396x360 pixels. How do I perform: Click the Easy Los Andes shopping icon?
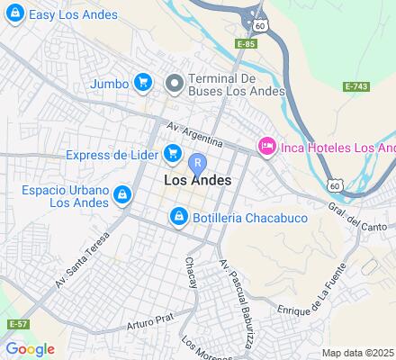point(13,14)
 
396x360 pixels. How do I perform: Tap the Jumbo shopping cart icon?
point(142,83)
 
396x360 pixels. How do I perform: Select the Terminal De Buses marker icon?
point(175,83)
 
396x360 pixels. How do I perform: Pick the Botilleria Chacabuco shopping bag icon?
point(178,217)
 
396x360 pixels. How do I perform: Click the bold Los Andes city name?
point(198,180)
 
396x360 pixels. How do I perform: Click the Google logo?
point(30,349)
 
